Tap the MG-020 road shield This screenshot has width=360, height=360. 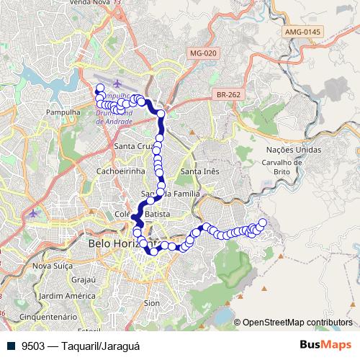204,53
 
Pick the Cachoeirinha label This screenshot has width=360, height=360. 118,171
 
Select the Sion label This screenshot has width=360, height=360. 151,304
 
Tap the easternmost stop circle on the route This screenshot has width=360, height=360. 262,222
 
